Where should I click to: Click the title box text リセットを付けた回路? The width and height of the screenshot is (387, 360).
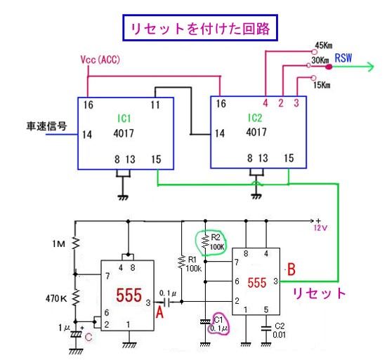[200, 29]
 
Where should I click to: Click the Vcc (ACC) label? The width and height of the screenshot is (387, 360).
[100, 60]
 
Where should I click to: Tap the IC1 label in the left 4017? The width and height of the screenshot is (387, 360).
[124, 119]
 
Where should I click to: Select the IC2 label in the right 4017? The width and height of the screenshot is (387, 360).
[255, 118]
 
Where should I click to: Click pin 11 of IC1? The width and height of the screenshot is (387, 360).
[155, 105]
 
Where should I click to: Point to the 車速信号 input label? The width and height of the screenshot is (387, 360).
[46, 126]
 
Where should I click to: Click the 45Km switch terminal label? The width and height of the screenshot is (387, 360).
[324, 46]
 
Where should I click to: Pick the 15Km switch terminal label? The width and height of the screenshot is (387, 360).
[322, 85]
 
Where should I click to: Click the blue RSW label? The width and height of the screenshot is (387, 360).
[343, 58]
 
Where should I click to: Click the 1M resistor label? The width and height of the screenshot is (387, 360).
[59, 244]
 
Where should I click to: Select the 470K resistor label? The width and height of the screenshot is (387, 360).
[56, 299]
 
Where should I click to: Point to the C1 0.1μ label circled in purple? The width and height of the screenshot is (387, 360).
[219, 324]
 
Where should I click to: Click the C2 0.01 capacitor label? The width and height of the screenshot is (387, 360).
[279, 331]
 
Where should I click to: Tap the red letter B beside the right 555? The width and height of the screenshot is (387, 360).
[291, 269]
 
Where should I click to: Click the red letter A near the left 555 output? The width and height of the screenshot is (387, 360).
[159, 313]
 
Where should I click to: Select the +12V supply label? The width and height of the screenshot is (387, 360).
[320, 225]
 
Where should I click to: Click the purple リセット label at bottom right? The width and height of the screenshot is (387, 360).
[319, 293]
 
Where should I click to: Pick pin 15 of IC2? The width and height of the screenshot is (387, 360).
[289, 158]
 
